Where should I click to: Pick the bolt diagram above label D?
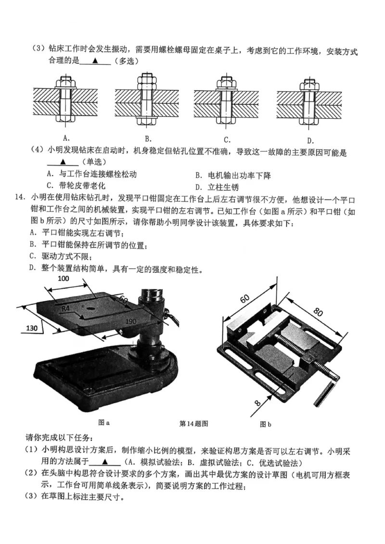point(308,100)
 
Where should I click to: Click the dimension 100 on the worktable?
point(64,279)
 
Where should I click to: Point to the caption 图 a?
point(103,423)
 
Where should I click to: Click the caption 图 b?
point(265,424)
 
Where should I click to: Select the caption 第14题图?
point(193,424)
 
